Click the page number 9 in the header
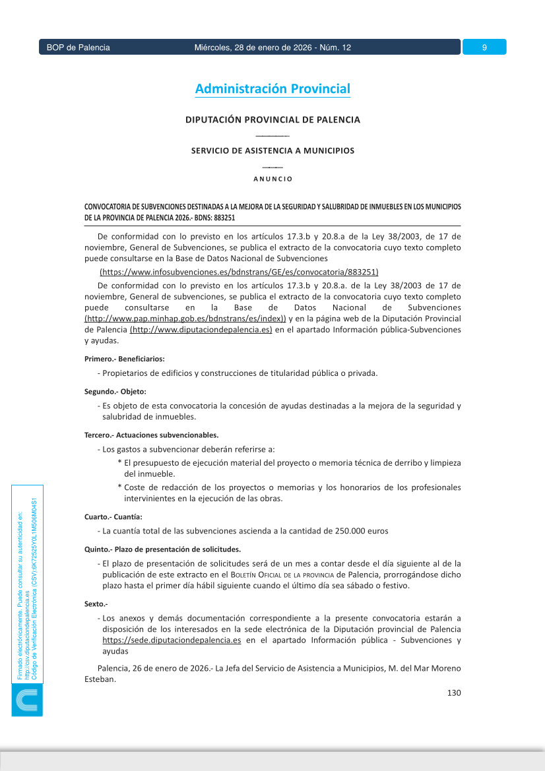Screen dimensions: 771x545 tap(484, 47)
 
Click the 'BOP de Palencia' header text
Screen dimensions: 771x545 tap(78, 47)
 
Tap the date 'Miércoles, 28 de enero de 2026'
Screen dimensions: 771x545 tap(254, 47)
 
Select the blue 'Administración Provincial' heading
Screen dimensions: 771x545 tap(272, 89)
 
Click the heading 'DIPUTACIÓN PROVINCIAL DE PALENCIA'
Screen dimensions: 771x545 tap(272, 120)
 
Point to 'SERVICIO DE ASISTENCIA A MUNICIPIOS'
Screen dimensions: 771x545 tap(272, 150)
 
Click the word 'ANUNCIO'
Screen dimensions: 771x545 tap(272, 179)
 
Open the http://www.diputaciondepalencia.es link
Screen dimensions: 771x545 tap(201, 330)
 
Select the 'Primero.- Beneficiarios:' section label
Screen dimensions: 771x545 tap(125, 359)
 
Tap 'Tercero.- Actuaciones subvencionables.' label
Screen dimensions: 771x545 tap(151, 435)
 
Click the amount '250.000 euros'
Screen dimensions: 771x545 tap(362, 531)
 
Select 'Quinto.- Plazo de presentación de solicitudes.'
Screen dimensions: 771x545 tap(162, 549)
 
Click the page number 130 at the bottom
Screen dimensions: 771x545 tap(453, 693)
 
